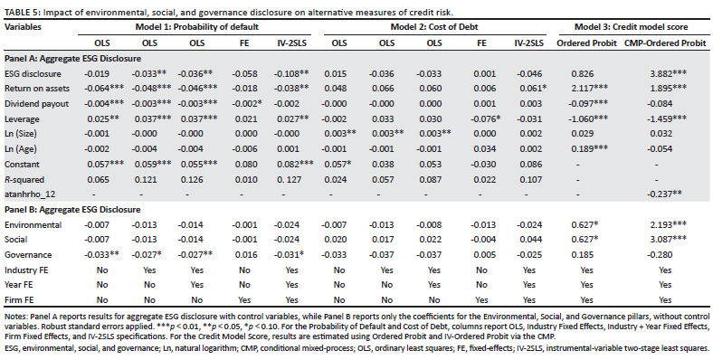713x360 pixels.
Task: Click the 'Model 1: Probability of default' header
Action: pos(197,27)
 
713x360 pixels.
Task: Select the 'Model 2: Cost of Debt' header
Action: pos(434,27)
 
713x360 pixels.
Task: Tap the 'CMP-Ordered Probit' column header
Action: pos(665,43)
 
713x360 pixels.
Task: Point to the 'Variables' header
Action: pos(23,27)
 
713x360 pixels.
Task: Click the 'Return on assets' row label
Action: pos(36,89)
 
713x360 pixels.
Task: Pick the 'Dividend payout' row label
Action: pos(36,104)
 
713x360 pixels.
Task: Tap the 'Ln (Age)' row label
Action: pos(21,149)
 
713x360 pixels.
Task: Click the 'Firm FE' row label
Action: pos(20,300)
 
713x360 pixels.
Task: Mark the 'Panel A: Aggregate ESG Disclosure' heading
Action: pos(72,59)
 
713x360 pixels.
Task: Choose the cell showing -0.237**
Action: pos(664,194)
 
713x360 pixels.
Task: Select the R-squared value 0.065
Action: pos(98,179)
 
